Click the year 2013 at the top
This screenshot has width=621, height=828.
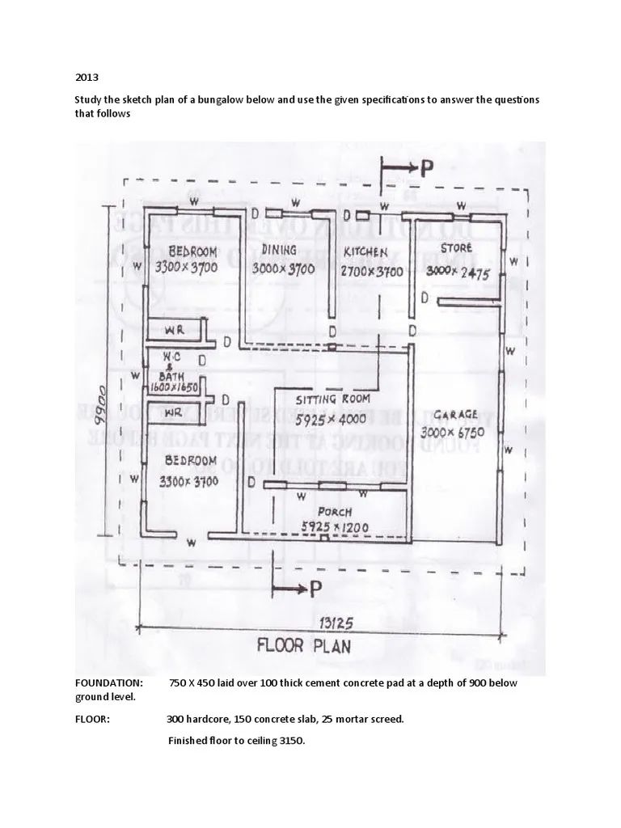[87, 78]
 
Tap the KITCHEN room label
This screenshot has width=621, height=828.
[365, 251]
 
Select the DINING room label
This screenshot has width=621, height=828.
[279, 249]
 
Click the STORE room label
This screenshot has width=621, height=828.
[456, 248]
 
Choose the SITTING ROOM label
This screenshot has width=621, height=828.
[332, 399]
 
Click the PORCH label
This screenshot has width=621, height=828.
[334, 512]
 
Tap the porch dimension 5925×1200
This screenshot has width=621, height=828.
[335, 528]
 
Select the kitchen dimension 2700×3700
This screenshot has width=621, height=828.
[371, 272]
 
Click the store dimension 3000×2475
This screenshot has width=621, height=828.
[458, 272]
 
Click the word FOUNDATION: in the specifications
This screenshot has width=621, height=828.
[109, 683]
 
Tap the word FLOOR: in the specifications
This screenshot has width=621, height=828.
[92, 719]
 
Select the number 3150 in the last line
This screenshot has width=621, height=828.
[290, 741]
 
